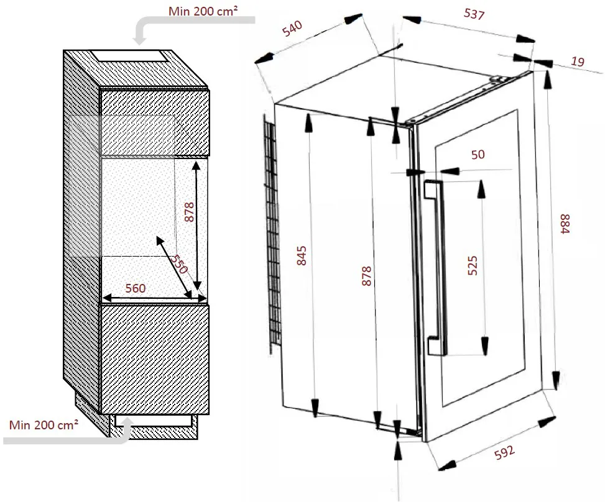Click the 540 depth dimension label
pyautogui.click(x=292, y=29)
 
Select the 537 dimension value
pyautogui.click(x=474, y=14)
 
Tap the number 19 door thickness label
pyautogui.click(x=578, y=61)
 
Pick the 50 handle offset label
pyautogui.click(x=478, y=155)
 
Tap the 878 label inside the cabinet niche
pyautogui.click(x=190, y=212)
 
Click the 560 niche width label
pyautogui.click(x=136, y=288)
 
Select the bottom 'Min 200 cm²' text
pyautogui.click(x=44, y=425)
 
